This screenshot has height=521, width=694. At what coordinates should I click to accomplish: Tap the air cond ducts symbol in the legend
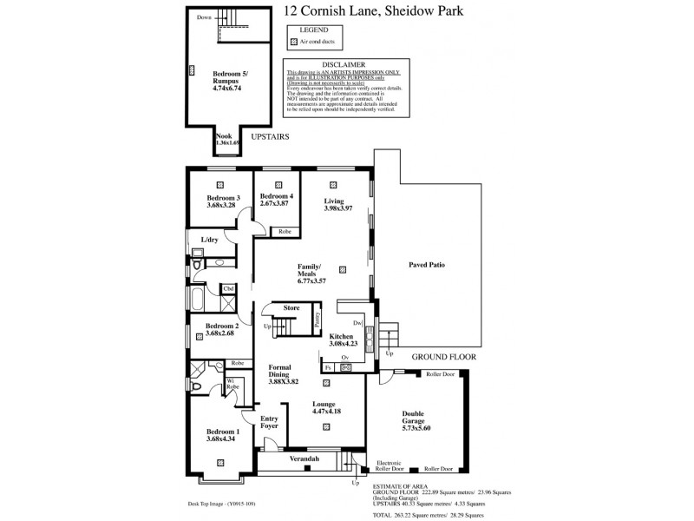tap(294, 42)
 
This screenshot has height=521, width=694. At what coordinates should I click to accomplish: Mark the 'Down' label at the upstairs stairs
tap(204, 17)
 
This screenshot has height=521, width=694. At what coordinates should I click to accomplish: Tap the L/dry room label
tap(209, 239)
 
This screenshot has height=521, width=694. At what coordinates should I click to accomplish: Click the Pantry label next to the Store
tap(318, 316)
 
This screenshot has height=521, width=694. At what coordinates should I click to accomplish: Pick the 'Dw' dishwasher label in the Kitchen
tap(357, 322)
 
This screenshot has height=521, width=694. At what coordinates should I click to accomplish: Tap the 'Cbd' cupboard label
tap(228, 289)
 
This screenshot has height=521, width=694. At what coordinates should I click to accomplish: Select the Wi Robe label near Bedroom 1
tap(230, 382)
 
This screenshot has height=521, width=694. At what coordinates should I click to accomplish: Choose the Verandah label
tap(304, 458)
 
